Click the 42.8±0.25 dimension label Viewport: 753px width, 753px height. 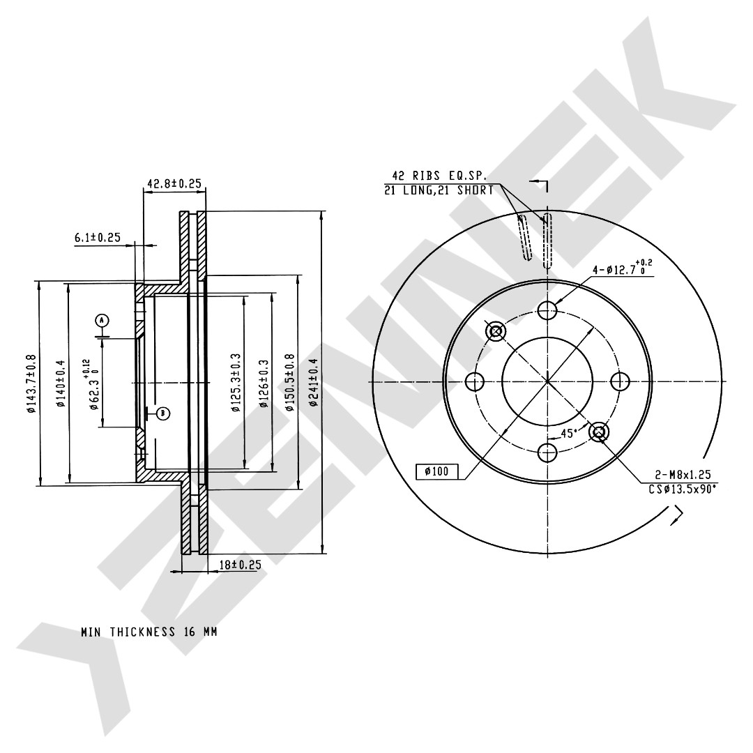click(x=174, y=183)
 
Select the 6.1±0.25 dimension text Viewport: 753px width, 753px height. click(x=97, y=237)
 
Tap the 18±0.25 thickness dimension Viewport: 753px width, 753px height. click(x=240, y=565)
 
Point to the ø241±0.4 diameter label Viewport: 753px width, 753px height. click(x=314, y=383)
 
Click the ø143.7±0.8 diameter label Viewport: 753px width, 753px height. click(x=31, y=383)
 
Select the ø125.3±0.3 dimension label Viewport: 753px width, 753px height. click(x=236, y=382)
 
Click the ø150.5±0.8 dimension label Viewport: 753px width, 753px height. click(x=289, y=382)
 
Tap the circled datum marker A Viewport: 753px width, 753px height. click(x=102, y=320)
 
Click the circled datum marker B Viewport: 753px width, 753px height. click(x=163, y=413)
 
